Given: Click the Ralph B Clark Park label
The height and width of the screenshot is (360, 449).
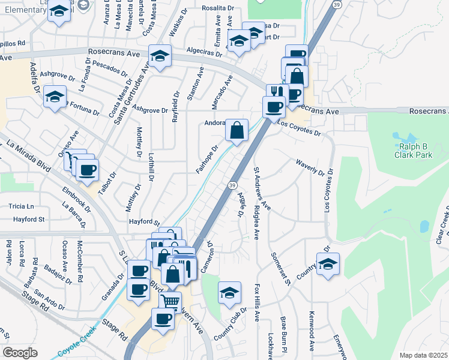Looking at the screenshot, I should click(x=413, y=149).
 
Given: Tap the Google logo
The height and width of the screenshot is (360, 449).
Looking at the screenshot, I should click(x=20, y=353).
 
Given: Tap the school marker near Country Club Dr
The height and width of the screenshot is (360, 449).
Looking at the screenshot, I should click(x=229, y=293).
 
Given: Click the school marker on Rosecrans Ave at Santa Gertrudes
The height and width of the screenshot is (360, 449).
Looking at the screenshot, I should click(x=160, y=56).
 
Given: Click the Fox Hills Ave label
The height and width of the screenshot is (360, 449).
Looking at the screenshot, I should click(x=257, y=302).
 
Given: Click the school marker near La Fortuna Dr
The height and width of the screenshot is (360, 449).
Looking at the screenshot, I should click(x=55, y=97).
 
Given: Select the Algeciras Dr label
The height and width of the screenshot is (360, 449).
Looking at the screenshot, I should click(x=202, y=52).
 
